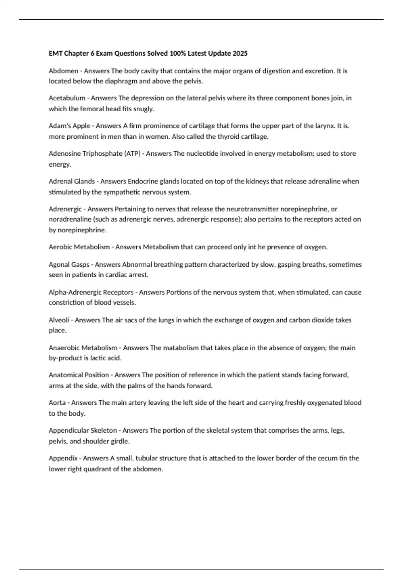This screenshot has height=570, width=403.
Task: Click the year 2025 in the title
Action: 240,53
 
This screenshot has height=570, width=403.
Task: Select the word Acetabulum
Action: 67,98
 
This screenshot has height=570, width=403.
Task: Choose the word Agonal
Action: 59,265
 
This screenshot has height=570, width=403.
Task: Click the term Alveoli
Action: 59,320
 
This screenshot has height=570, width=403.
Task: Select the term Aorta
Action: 57,403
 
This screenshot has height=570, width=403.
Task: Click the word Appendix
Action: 63,458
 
